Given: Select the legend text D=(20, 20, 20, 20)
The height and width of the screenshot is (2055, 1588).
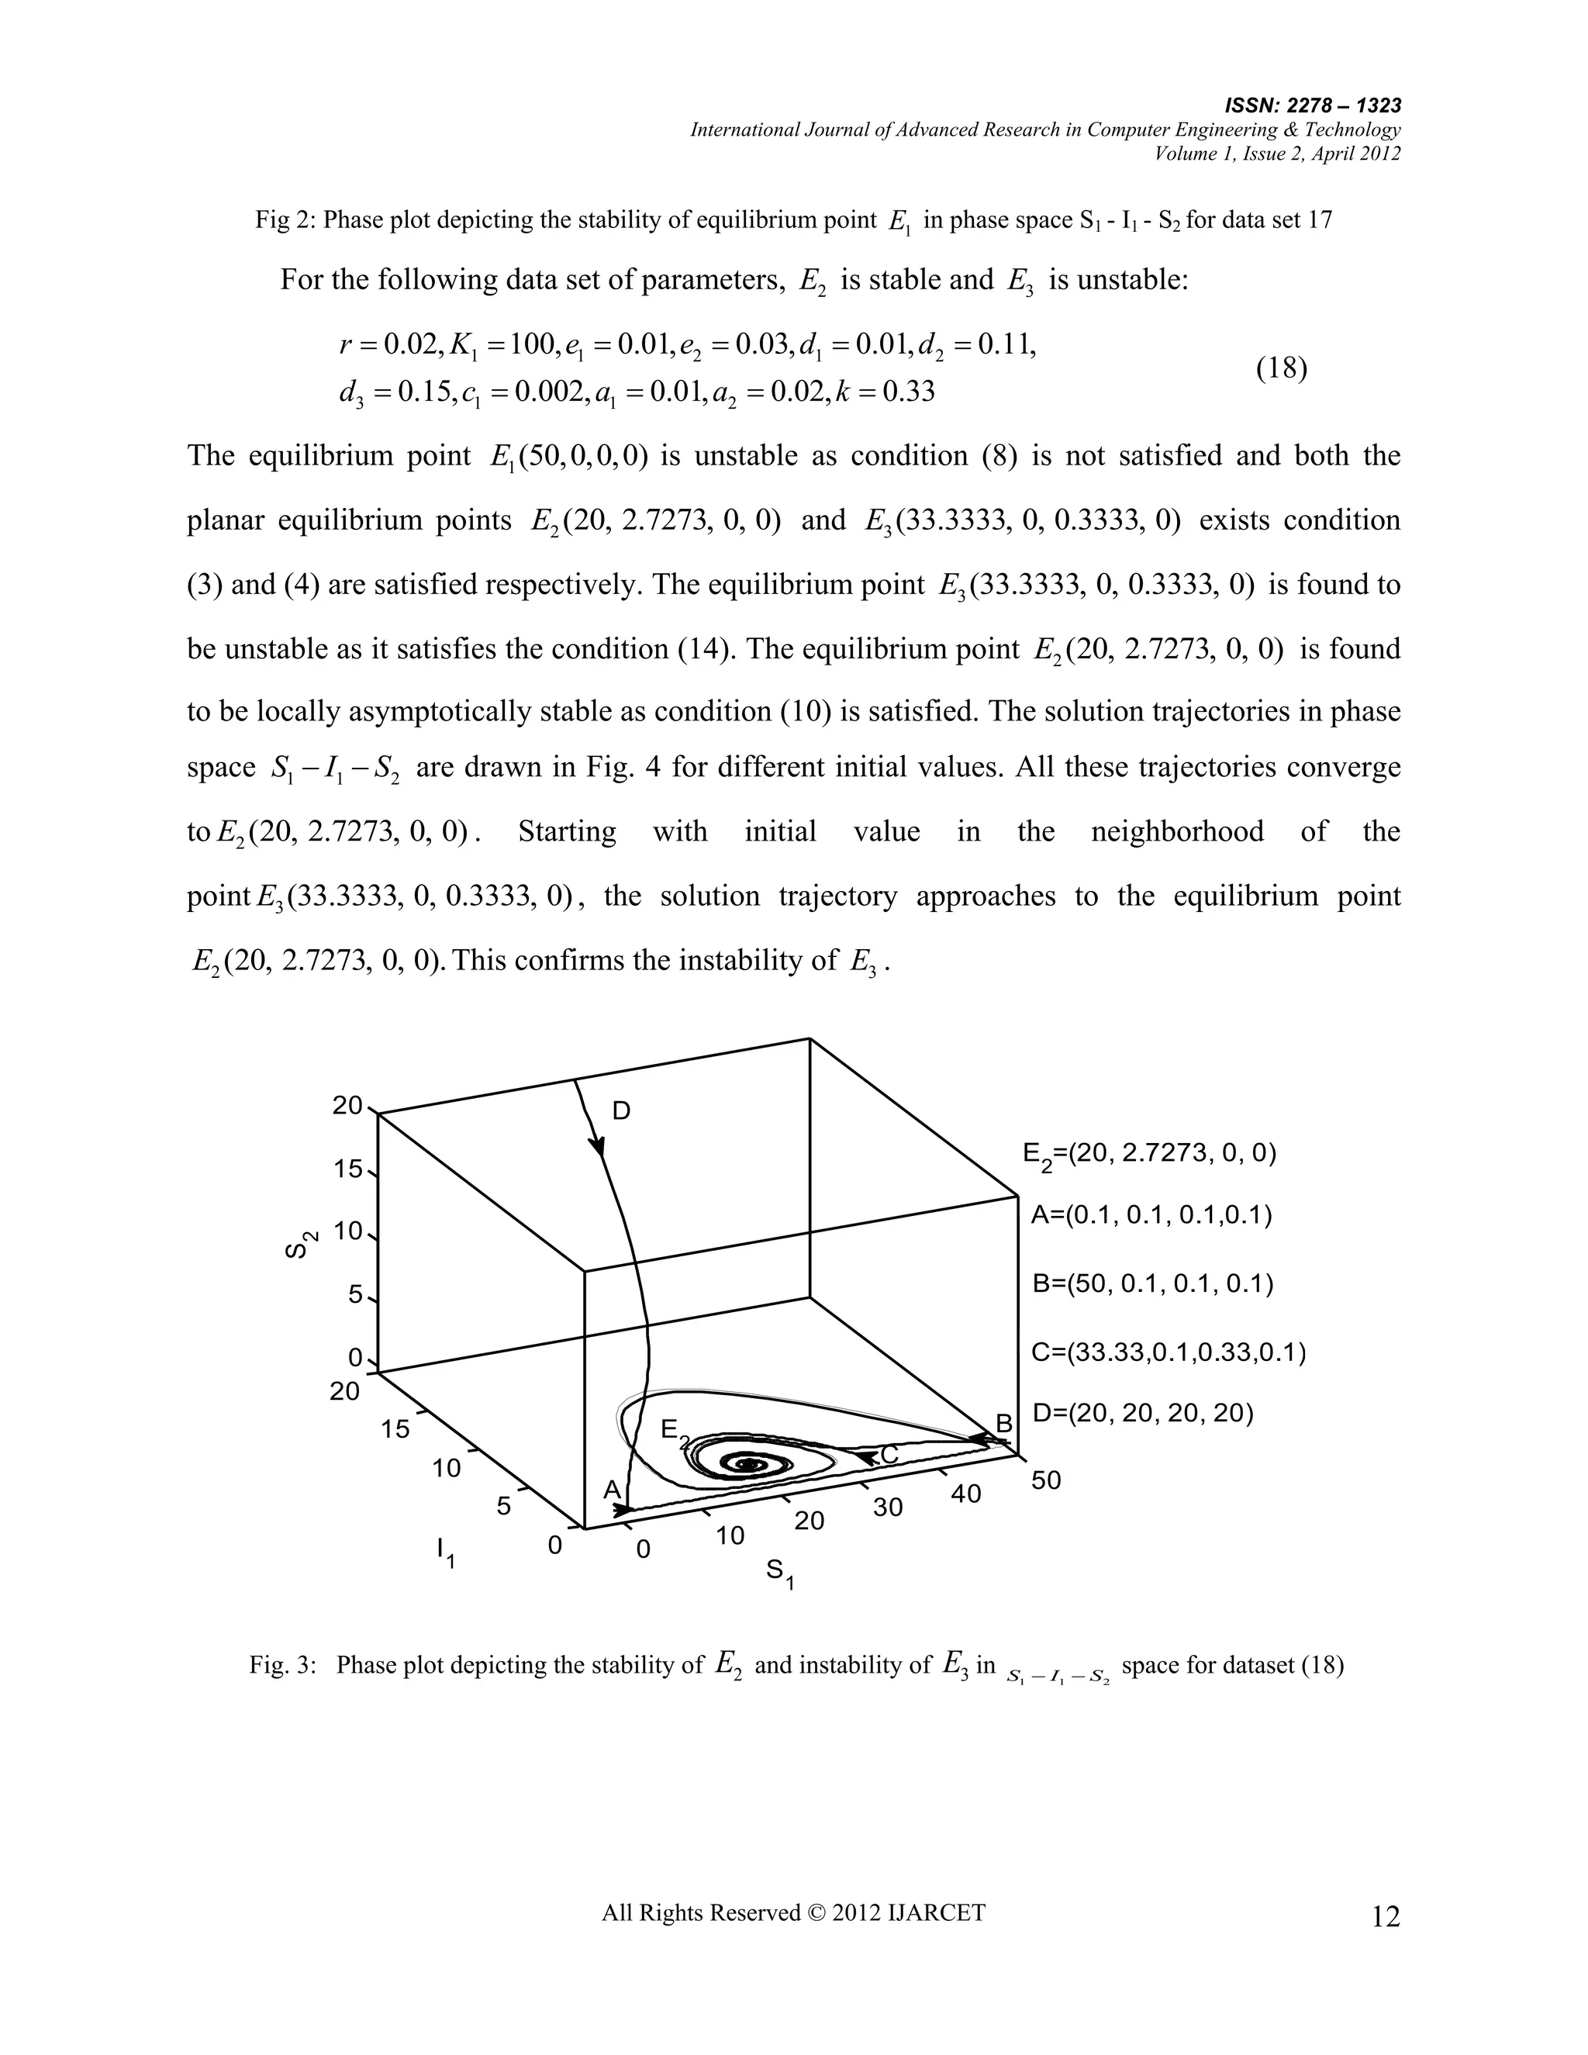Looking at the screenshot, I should [x=1143, y=1412].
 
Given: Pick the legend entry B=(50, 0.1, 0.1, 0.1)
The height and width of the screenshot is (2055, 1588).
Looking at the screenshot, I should [x=1152, y=1283].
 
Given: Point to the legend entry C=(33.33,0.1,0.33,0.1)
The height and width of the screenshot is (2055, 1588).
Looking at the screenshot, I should [x=1169, y=1352].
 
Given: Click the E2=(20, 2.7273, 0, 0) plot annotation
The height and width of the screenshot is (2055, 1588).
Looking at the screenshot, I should [x=1150, y=1155].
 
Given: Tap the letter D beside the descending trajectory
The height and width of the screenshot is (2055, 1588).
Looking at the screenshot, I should [x=621, y=1111].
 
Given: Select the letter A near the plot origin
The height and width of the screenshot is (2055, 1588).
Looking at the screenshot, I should [x=612, y=1490].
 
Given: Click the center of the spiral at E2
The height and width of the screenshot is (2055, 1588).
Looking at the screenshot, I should [x=751, y=1463].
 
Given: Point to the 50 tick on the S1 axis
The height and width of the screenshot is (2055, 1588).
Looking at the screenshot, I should [x=1045, y=1480].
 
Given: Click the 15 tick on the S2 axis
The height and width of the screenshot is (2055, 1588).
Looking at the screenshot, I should [x=347, y=1169].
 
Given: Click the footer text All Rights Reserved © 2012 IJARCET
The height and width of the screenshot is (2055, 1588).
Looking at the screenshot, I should [x=793, y=1912].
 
